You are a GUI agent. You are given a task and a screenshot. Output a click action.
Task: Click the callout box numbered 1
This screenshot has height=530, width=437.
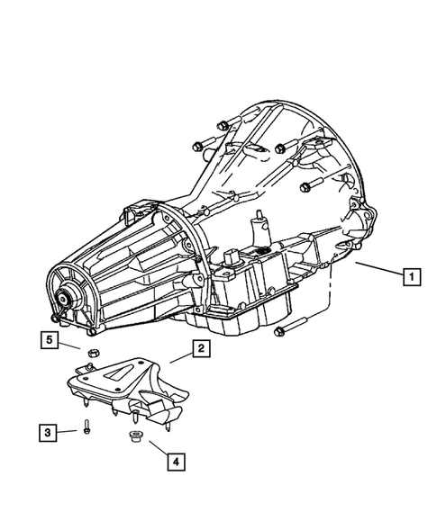[410, 277]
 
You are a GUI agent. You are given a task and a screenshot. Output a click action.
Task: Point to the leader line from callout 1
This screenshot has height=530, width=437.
[378, 269]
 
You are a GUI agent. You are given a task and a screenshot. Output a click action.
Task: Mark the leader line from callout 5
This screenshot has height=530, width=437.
[72, 345]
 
